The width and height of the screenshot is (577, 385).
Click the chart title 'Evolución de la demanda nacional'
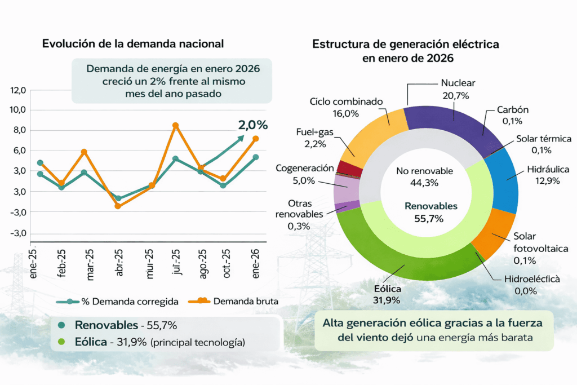pyautogui.click(x=133, y=44)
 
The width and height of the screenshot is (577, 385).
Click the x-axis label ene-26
pyautogui.click(x=256, y=262)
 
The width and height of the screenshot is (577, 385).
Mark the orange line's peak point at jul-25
pyautogui.click(x=175, y=125)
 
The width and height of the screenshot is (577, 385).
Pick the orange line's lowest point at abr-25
pyautogui.click(x=118, y=206)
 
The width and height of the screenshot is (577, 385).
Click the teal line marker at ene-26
pyautogui.click(x=255, y=157)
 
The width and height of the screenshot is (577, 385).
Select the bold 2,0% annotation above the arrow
pyautogui.click(x=252, y=125)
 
